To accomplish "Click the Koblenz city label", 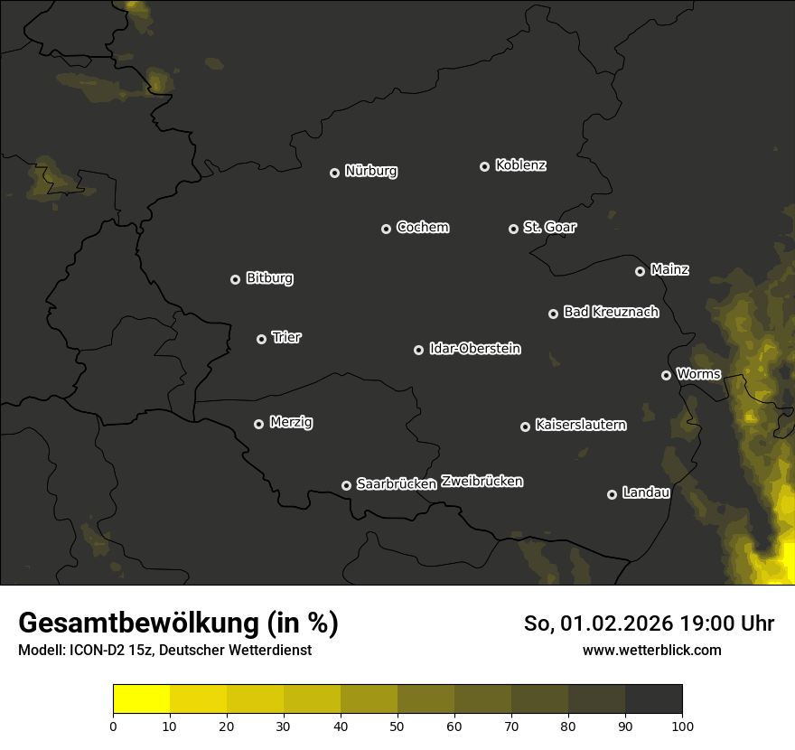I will pos(520,165).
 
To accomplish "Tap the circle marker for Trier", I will pos(262,339).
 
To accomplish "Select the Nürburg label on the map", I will pos(370,171).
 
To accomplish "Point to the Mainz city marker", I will pos(640,271).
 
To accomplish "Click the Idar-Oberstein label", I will pos(474,349).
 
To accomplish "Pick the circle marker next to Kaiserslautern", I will pos(525,427).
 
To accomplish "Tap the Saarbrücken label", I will pos(396,484).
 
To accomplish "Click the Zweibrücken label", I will pos(482,482).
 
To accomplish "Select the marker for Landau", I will pos(612,494).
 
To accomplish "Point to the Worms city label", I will pos(698,374).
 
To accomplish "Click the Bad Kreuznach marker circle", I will pos(553,314).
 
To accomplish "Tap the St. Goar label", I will pos(549,228).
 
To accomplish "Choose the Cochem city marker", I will pos(386,229).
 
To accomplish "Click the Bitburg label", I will pos(269,278).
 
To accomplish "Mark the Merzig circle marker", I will pos(258,424).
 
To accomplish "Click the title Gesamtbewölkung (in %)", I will pos(178,623).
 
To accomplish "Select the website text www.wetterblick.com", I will pos(651,651).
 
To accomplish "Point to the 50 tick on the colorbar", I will pos(397,725).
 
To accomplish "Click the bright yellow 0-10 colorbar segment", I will pos(142,698).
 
